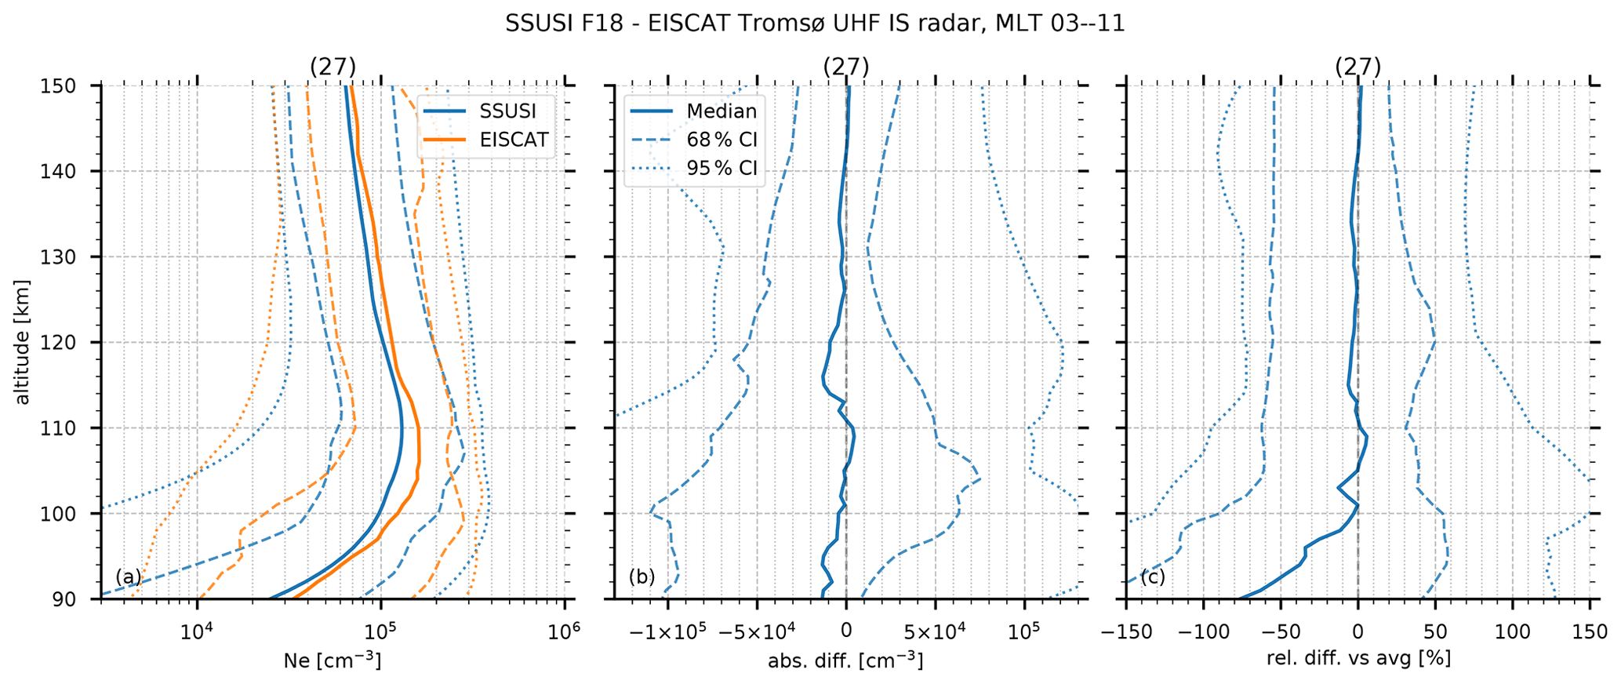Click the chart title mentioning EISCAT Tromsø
815,24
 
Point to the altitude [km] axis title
22,341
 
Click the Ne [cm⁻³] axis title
333,660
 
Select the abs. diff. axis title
845,660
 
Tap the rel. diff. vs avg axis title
1358,658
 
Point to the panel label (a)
129,577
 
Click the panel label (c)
1153,577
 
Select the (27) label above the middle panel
845,67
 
